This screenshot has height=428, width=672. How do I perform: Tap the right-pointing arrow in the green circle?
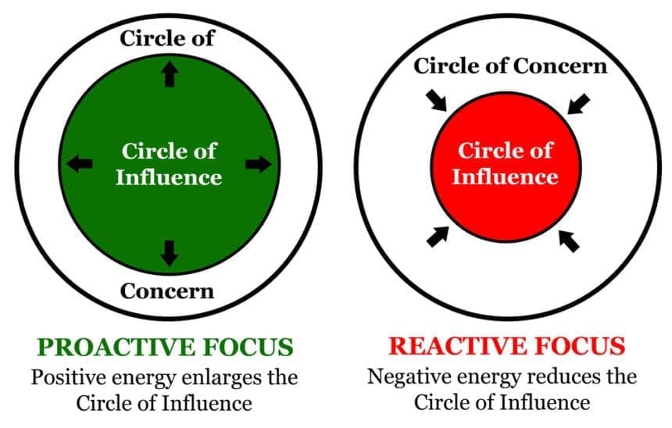tap(259, 163)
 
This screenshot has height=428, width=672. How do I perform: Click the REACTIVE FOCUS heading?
tap(507, 347)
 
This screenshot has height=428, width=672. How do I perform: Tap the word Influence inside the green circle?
tap(169, 177)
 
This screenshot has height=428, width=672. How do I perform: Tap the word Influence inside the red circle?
tap(506, 176)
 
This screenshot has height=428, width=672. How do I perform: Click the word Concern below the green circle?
tap(167, 291)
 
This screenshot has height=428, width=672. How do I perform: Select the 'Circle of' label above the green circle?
tap(167, 37)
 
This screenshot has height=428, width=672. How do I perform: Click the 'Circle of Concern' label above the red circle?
tap(510, 66)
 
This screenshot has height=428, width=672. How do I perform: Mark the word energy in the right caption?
tap(484, 378)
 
